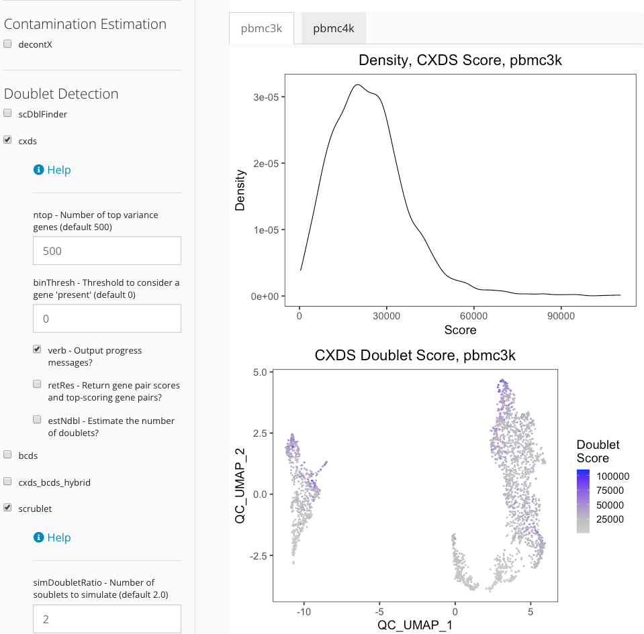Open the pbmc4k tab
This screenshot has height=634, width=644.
coord(333,28)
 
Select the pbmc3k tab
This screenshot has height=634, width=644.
coord(261,28)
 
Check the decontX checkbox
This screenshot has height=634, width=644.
coord(8,44)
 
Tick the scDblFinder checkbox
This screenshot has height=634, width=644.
coord(8,113)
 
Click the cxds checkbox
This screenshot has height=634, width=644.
coord(8,141)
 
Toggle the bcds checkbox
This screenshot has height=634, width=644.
coord(8,455)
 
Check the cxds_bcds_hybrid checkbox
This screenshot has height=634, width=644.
coord(8,482)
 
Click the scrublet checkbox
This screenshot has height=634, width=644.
coord(8,508)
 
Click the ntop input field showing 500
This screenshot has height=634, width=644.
coord(107,251)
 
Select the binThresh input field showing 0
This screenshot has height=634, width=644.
coord(107,319)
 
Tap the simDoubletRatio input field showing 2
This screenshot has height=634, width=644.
coord(107,619)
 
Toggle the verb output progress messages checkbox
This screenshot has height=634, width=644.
coord(38,350)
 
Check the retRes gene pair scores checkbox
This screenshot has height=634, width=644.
coord(38,385)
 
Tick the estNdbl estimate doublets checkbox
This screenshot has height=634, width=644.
coord(38,420)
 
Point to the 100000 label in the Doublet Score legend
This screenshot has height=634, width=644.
coord(613,476)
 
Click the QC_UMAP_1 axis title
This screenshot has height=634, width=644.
coord(416,625)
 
